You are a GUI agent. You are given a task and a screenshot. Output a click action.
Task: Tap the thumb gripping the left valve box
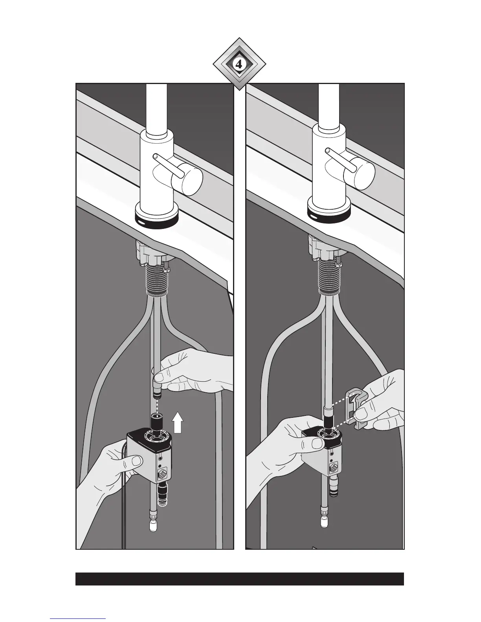134,462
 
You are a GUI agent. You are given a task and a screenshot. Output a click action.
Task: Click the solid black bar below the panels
240,579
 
